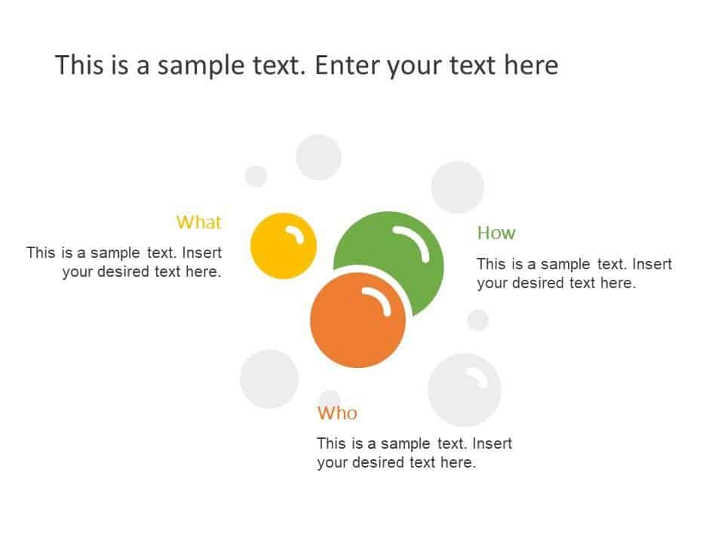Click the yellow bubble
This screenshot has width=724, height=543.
(x=283, y=246)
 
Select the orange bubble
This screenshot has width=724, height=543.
(x=357, y=320)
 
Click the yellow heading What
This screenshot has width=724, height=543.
(x=198, y=222)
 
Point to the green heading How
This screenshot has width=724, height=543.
(x=496, y=233)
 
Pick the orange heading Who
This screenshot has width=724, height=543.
(x=337, y=413)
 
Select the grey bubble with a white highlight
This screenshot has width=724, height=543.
(x=465, y=390)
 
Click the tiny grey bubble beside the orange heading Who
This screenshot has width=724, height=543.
(x=330, y=398)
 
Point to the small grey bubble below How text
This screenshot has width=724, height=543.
(x=478, y=320)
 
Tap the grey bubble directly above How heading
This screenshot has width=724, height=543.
(x=457, y=187)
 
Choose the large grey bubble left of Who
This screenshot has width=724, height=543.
(x=269, y=379)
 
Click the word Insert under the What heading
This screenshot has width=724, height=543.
(x=202, y=253)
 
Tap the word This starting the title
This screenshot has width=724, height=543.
(x=79, y=65)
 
